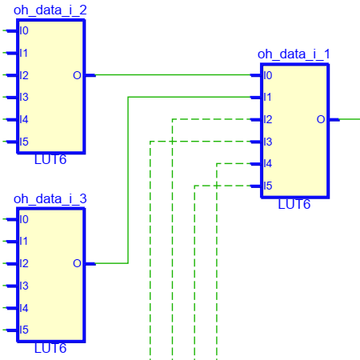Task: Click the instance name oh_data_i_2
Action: pyautogui.click(x=50, y=10)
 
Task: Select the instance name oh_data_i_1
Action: pyautogui.click(x=294, y=54)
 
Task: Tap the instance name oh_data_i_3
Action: pyautogui.click(x=50, y=199)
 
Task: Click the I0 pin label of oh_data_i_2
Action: pyautogui.click(x=24, y=31)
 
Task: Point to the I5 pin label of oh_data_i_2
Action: pyautogui.click(x=24, y=142)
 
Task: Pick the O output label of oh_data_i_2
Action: pyautogui.click(x=77, y=75)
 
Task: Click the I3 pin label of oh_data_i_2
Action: pyautogui.click(x=24, y=98)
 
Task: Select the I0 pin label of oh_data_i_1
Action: pyautogui.click(x=268, y=75)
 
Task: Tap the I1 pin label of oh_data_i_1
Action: pyautogui.click(x=267, y=98)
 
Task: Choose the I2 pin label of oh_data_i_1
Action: pyautogui.click(x=268, y=119)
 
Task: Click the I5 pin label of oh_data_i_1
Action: pyautogui.click(x=268, y=186)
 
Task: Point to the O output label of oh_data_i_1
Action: pyautogui.click(x=321, y=119)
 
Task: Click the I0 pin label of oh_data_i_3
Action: pyautogui.click(x=24, y=220)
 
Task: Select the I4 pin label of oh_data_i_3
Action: pyautogui.click(x=24, y=308)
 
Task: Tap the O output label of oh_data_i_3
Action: pyautogui.click(x=77, y=264)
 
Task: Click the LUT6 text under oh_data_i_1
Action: pyautogui.click(x=294, y=205)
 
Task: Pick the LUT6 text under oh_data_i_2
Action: pyautogui.click(x=50, y=160)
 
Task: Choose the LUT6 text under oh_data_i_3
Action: pyautogui.click(x=50, y=349)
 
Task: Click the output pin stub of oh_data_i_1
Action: pyautogui.click(x=334, y=119)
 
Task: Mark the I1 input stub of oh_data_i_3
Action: pyautogui.click(x=12, y=242)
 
